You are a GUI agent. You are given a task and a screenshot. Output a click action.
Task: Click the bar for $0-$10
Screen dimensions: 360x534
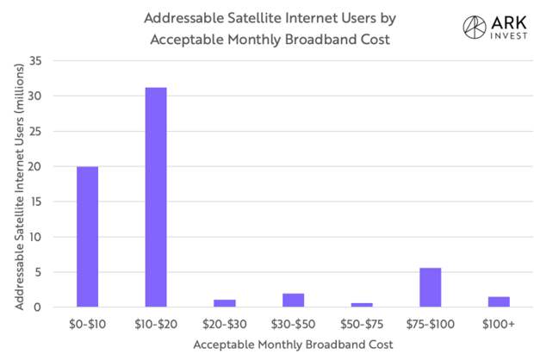(87, 237)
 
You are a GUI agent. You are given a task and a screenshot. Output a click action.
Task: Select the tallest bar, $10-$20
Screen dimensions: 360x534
(156, 197)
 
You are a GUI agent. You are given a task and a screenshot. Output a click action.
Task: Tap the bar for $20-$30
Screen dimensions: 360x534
(225, 302)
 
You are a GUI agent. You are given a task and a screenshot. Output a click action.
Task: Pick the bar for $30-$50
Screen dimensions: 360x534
(293, 300)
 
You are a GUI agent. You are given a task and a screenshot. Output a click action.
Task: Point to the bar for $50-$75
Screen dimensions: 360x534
(362, 304)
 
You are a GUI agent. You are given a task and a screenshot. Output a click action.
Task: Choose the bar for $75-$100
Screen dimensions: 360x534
(431, 287)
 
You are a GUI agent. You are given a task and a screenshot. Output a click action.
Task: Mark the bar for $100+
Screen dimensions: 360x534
(500, 301)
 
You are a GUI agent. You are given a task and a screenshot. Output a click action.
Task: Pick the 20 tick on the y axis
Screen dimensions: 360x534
(34, 166)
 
